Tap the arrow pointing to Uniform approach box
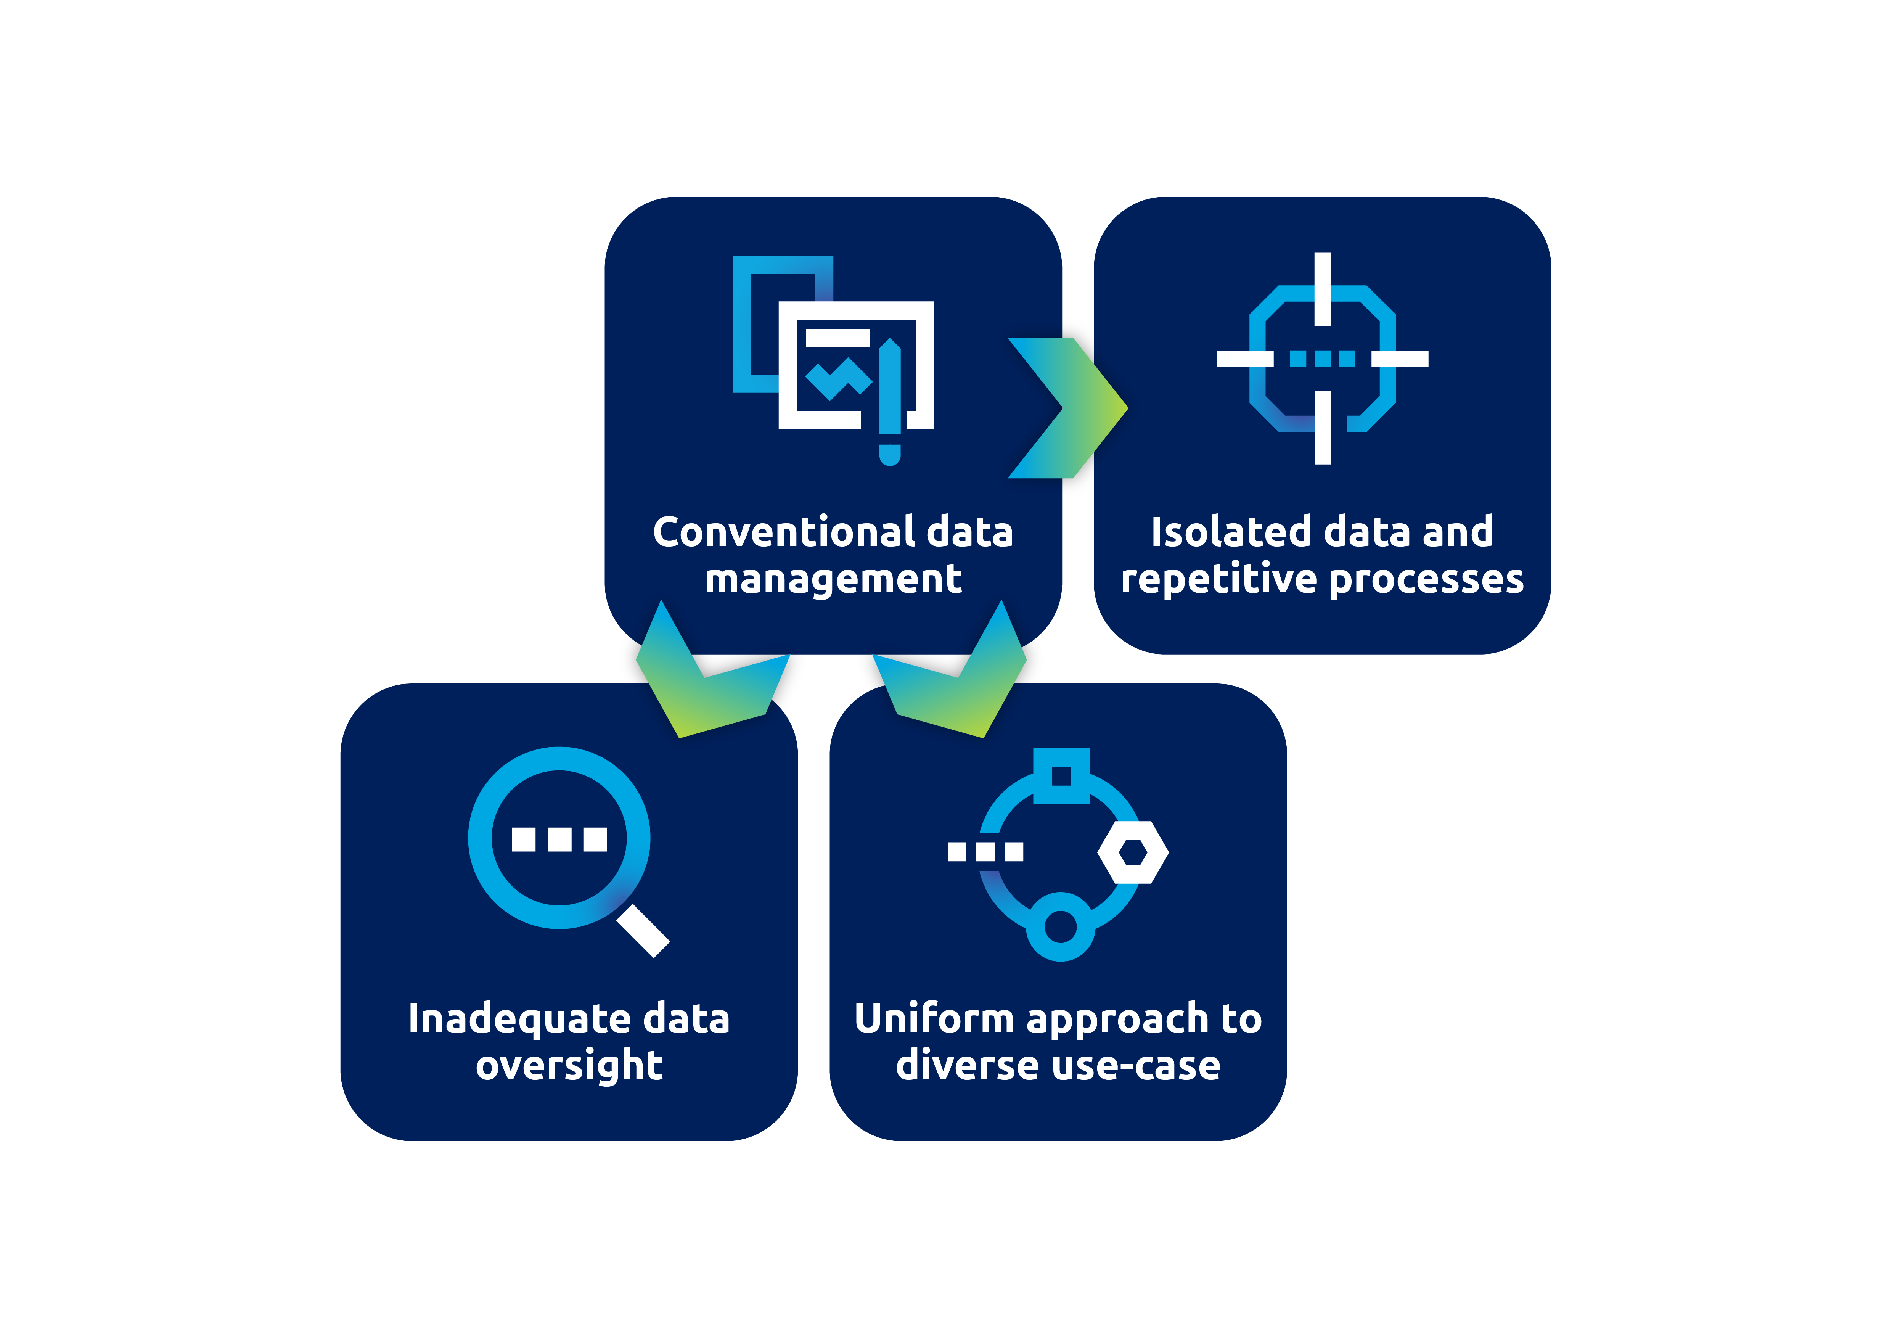click(949, 669)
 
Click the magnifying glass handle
click(643, 931)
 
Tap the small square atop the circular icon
click(1061, 775)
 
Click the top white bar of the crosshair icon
click(1323, 288)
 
